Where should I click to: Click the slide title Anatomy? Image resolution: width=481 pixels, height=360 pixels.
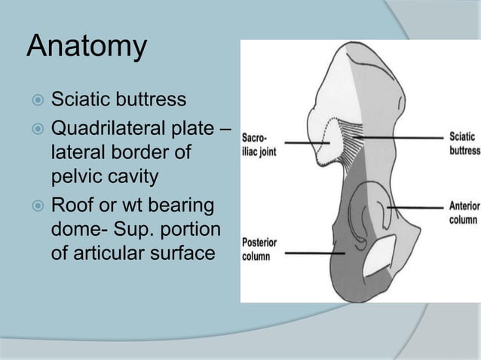point(87,47)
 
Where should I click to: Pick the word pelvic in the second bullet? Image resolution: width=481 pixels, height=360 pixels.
point(73,178)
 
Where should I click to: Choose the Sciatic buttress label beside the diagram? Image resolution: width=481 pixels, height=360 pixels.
point(463,144)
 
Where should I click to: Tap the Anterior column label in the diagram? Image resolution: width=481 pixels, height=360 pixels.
point(463,213)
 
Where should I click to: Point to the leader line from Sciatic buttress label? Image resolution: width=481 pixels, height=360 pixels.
point(407,138)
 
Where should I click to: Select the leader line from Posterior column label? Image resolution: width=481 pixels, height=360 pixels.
point(313,254)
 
